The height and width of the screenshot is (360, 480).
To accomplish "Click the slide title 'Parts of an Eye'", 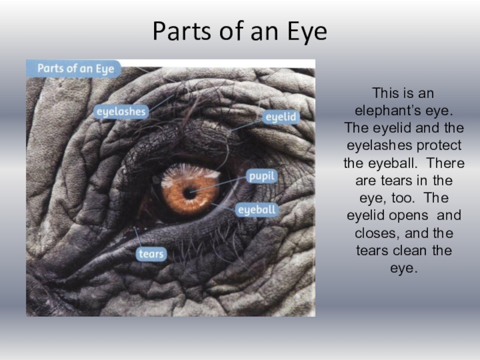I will (240, 31).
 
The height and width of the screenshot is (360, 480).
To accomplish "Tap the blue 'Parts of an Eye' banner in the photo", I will (74, 68).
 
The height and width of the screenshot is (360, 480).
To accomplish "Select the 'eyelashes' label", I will (121, 112).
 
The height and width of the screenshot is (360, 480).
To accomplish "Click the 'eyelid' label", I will (280, 117).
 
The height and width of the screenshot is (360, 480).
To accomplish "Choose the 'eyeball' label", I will (257, 210).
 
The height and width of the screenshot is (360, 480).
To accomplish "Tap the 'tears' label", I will (151, 254).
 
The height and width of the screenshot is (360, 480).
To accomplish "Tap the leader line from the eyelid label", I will (246, 125).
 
